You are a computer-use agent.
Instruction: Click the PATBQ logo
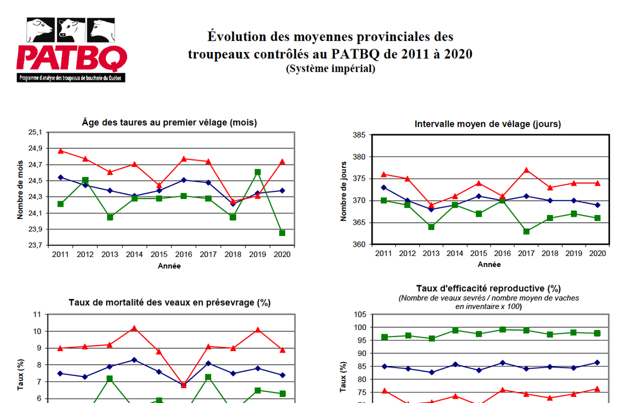point(71,50)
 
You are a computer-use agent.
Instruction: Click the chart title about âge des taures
point(169,123)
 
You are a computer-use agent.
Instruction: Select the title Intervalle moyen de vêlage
point(487,124)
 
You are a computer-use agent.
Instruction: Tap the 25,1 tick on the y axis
point(35,132)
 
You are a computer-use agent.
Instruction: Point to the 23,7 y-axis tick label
point(35,245)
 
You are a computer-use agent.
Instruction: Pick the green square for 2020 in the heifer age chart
point(282,233)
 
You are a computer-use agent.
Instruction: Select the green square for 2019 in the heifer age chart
point(258,172)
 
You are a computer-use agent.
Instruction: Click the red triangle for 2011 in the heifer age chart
point(61,150)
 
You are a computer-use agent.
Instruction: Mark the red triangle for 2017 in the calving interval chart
point(527,170)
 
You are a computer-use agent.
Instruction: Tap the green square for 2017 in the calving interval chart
point(527,232)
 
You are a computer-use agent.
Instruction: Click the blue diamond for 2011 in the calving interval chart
point(384,187)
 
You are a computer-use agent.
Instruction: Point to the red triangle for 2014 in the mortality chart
point(134,328)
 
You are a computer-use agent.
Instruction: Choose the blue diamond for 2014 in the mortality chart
point(134,360)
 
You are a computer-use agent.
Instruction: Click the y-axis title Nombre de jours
point(344,191)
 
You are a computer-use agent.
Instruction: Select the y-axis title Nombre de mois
point(20,189)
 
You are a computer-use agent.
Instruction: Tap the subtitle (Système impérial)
point(330,69)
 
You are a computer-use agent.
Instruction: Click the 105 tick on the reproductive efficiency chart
point(359,315)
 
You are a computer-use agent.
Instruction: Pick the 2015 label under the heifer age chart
point(159,254)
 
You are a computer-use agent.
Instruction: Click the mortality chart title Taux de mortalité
point(169,302)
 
